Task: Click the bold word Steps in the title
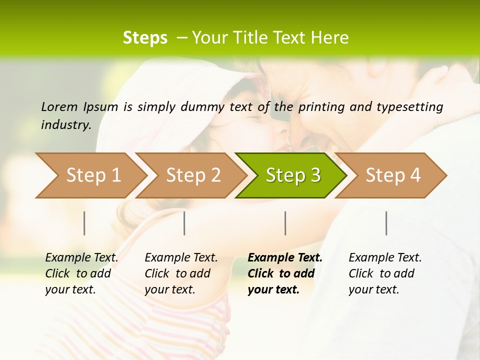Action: [145, 38]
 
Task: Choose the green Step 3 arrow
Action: [293, 175]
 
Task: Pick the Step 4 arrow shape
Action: [393, 175]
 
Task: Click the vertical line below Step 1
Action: [84, 223]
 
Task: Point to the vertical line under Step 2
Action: [184, 223]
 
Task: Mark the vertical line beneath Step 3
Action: [285, 223]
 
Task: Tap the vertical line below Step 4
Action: [386, 223]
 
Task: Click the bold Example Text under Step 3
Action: [285, 258]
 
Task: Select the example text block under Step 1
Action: [81, 273]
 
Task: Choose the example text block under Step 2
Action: [181, 273]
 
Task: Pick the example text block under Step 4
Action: [385, 273]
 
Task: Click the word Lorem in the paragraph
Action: [59, 106]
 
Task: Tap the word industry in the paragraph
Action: [65, 124]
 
